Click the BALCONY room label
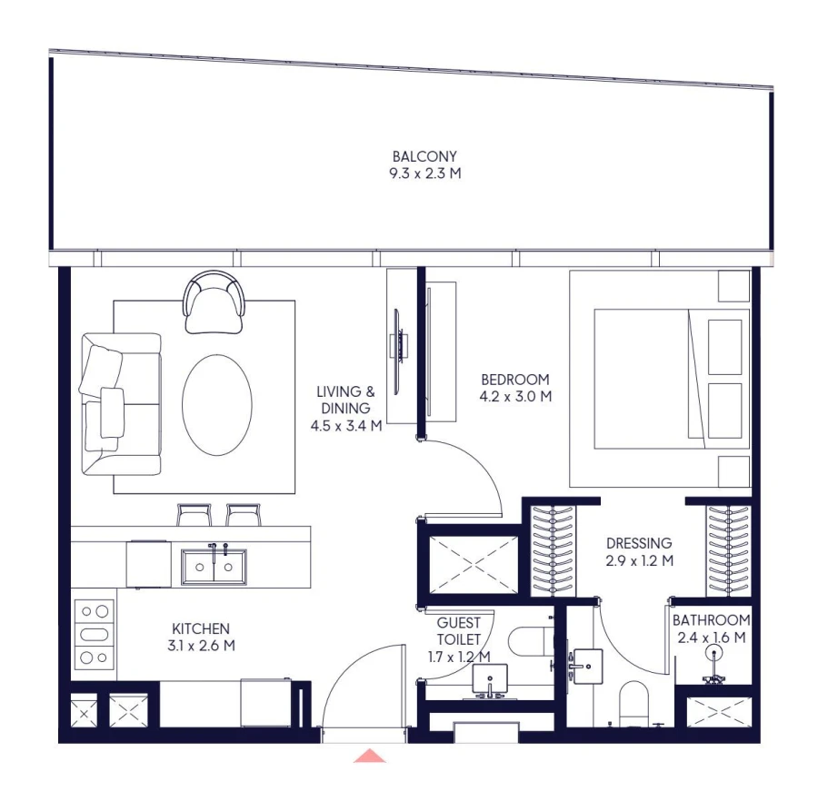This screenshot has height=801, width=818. click(424, 155)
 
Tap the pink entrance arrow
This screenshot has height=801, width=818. click(370, 756)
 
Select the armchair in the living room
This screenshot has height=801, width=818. click(215, 303)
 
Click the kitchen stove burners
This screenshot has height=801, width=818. click(95, 634)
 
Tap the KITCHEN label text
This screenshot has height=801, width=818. click(201, 628)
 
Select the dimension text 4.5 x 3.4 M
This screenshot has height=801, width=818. click(345, 424)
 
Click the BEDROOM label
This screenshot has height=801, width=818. click(515, 380)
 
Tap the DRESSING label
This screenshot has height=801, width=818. click(639, 544)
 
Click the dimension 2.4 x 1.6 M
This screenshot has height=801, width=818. click(712, 638)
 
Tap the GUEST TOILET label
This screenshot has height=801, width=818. click(459, 631)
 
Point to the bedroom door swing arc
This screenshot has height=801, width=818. click(473, 472)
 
